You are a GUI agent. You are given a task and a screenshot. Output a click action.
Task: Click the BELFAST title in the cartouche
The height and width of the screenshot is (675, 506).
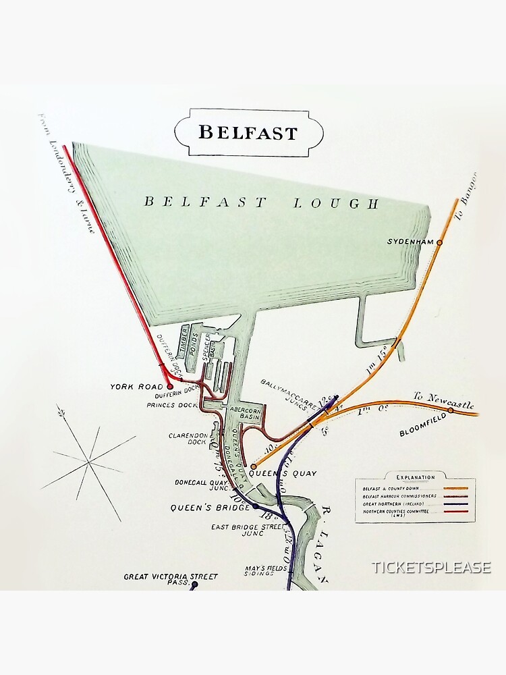click(248, 132)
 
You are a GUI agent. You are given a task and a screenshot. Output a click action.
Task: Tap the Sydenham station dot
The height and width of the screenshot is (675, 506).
click(440, 242)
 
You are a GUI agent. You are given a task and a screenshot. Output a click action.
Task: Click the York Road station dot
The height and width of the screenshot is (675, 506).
click(169, 387)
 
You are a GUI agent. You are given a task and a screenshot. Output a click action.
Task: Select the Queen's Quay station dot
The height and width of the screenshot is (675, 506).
click(254, 466)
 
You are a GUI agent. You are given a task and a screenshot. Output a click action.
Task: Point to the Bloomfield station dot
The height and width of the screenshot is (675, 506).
click(451, 410)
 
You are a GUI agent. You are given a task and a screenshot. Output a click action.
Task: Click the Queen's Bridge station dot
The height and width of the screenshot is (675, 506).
click(255, 506)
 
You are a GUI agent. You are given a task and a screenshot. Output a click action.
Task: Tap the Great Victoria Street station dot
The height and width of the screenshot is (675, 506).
click(193, 586)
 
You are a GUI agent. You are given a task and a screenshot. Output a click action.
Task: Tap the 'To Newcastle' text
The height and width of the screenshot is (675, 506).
click(443, 400)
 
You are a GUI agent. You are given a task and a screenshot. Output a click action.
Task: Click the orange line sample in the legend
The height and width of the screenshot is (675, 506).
click(456, 488)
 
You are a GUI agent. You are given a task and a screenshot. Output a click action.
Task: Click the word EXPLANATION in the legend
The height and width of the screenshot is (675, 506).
click(415, 477)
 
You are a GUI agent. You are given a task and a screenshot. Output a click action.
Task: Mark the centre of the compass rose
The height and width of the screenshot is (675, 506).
click(88, 462)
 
